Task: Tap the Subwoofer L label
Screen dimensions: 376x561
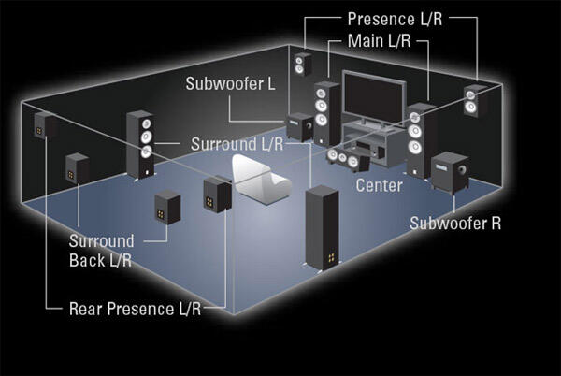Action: click(229, 84)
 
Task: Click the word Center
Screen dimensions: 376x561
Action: click(379, 185)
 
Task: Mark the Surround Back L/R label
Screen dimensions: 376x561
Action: click(102, 251)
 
